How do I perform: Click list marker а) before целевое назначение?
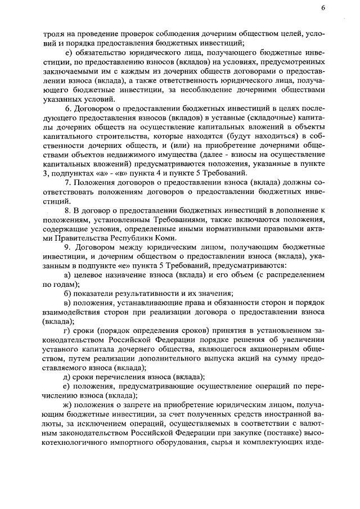68,274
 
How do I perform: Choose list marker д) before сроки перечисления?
68,376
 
